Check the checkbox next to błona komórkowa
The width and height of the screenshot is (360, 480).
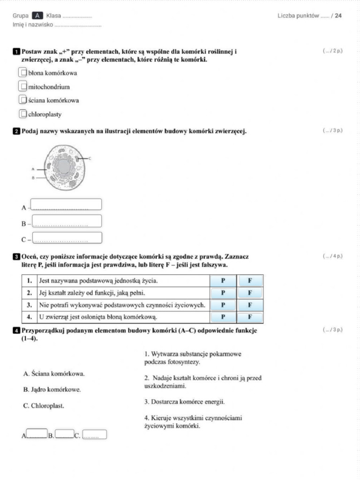pyautogui.click(x=22, y=73)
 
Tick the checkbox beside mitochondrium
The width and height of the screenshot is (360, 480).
pyautogui.click(x=22, y=86)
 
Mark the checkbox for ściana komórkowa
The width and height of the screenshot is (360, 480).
pyautogui.click(x=22, y=100)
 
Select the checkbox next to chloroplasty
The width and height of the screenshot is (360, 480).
pyautogui.click(x=22, y=113)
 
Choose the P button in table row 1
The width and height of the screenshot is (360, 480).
pyautogui.click(x=223, y=281)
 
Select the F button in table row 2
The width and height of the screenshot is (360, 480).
pyautogui.click(x=250, y=293)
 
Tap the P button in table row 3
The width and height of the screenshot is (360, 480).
pyautogui.click(x=223, y=305)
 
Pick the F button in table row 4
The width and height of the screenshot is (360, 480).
pyautogui.click(x=250, y=317)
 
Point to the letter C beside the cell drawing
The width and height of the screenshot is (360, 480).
pyautogui.click(x=89, y=159)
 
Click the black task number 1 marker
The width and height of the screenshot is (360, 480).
pyautogui.click(x=16, y=52)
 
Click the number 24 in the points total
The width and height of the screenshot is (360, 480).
pyautogui.click(x=338, y=16)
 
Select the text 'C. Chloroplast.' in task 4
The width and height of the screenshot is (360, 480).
pyautogui.click(x=44, y=406)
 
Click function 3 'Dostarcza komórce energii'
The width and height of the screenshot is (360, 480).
pyautogui.click(x=184, y=402)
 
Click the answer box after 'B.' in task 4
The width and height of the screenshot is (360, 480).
pyautogui.click(x=65, y=435)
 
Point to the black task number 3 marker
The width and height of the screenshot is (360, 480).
pyautogui.click(x=16, y=257)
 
